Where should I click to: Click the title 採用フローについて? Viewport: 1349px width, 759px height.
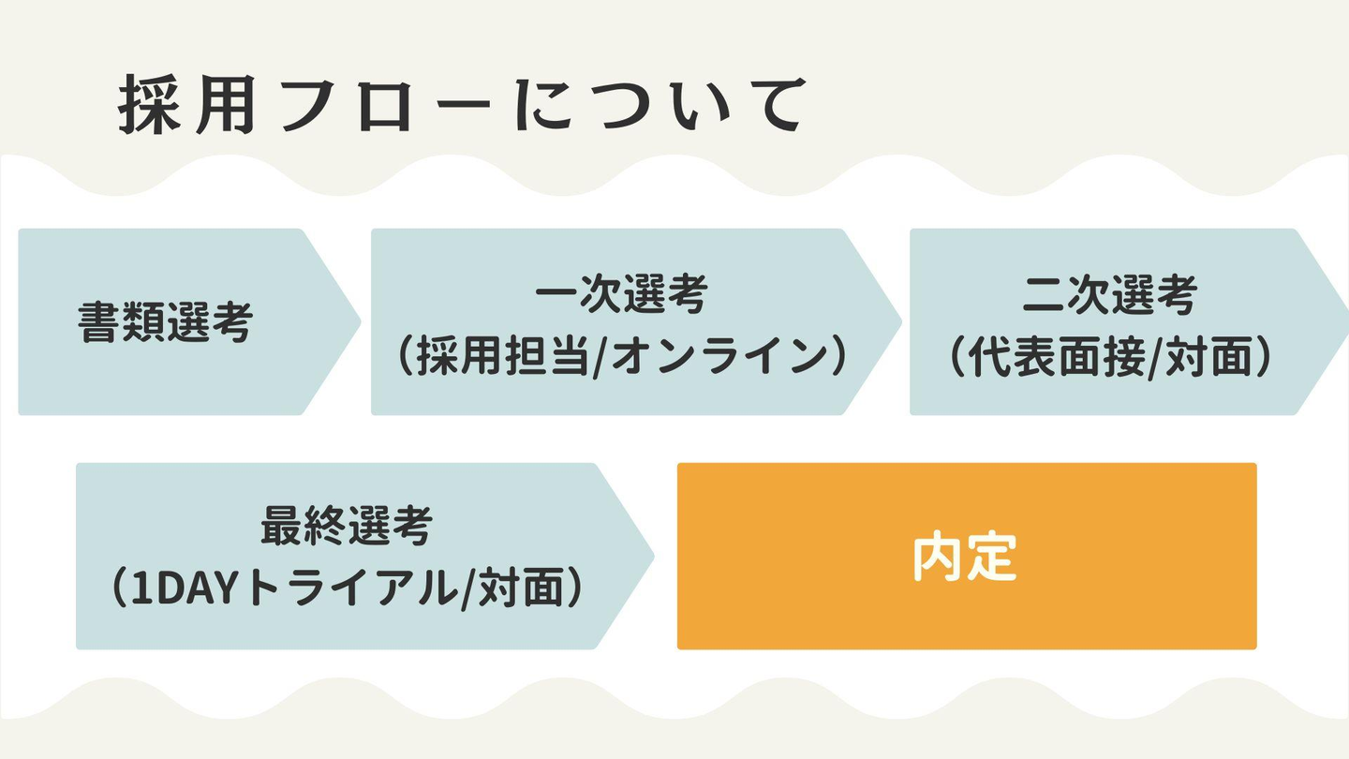click(x=462, y=105)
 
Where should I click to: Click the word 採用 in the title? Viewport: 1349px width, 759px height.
click(x=187, y=105)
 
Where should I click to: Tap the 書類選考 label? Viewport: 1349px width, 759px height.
click(x=165, y=322)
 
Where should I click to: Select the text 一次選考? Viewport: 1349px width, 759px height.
click(x=621, y=294)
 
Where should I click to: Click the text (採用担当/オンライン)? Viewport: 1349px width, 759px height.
click(x=622, y=357)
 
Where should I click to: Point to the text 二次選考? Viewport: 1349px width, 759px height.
click(x=1110, y=295)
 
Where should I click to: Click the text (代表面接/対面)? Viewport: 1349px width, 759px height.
click(x=1110, y=357)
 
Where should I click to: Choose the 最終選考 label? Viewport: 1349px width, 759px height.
click(x=347, y=526)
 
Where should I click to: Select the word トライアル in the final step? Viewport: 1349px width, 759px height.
click(x=351, y=588)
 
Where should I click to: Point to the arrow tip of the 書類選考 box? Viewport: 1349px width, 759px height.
click(x=361, y=322)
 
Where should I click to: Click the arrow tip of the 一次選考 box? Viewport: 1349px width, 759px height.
click(x=901, y=322)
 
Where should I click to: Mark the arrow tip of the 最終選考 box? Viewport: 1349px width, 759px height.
click(x=654, y=557)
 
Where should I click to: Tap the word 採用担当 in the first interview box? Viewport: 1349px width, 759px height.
click(x=503, y=357)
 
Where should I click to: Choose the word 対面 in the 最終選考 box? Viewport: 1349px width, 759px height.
click(x=522, y=588)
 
